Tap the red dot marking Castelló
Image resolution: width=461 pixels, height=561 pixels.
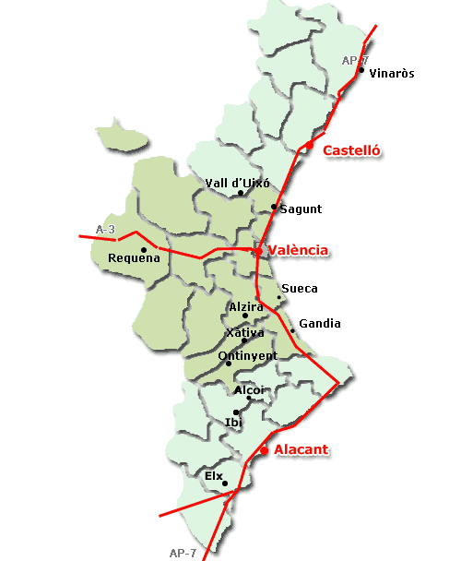click(310, 145)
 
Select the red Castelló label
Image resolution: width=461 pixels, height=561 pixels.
click(352, 150)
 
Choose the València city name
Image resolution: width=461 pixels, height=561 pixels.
click(298, 250)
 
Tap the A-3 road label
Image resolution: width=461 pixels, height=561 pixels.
click(107, 229)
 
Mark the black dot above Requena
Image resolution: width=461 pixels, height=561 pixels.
click(144, 249)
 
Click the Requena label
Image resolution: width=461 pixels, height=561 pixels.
click(134, 258)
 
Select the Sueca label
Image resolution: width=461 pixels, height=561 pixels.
click(300, 288)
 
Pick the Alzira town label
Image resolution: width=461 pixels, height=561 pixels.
click(245, 305)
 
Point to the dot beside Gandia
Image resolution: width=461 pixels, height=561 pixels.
click(292, 330)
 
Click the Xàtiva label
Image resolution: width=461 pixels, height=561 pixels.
click(244, 332)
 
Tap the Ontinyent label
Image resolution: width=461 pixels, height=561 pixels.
click(247, 355)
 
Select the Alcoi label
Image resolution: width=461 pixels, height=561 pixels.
click(250, 389)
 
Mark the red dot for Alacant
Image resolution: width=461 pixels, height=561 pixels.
click(264, 450)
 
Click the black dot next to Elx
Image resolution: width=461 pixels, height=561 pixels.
click(226, 483)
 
